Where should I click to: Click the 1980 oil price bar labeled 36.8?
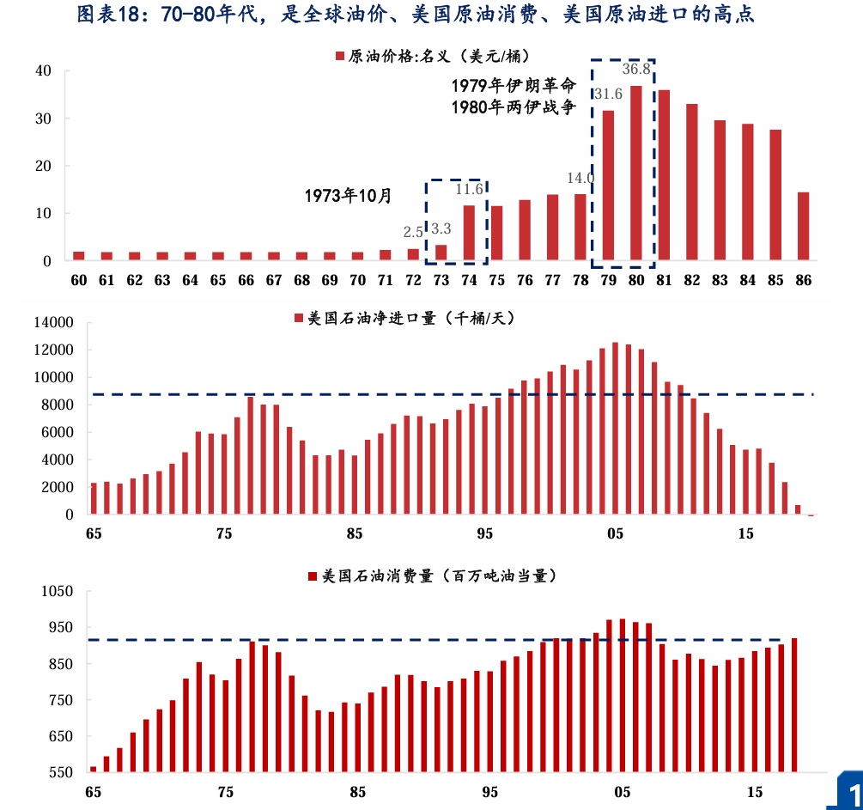[636, 173]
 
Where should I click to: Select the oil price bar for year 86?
[804, 226]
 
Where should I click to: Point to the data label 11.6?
[469, 189]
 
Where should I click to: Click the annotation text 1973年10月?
[348, 196]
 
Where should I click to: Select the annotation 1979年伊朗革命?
[514, 86]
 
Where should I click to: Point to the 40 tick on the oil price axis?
[43, 70]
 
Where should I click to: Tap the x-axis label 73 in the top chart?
[441, 281]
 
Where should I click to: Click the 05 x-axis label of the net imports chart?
[615, 534]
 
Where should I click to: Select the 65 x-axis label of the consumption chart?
[94, 792]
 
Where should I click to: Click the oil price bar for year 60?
[79, 255]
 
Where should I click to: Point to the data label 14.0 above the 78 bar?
[580, 179]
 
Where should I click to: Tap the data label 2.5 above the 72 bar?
[413, 232]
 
